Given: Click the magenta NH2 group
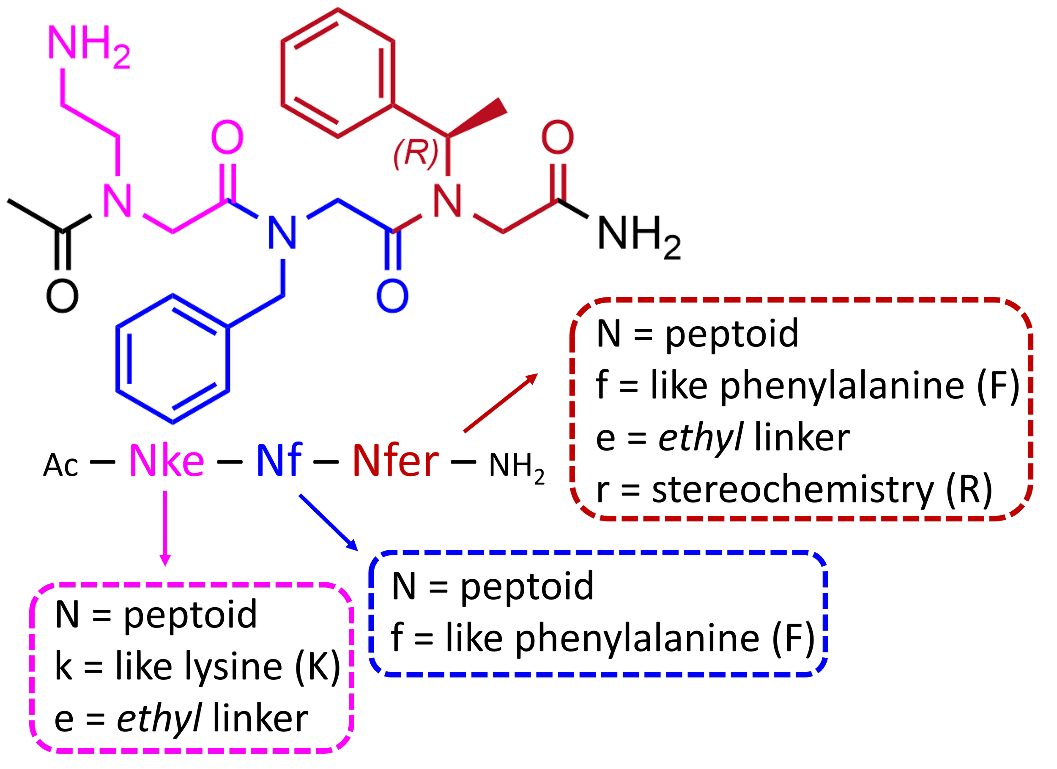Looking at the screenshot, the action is tap(88, 46).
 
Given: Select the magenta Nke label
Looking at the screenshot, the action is tap(167, 461).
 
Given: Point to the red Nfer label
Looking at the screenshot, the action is tap(395, 461).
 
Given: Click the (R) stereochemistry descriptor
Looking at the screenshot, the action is tap(416, 153).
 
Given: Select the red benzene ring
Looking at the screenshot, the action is tap(338, 73).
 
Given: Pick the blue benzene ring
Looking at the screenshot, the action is tap(173, 359).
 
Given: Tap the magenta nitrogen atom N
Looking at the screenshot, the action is tap(118, 201).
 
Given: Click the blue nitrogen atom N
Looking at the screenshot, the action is tap(282, 232).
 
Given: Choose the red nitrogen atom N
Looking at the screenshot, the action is tap(448, 201).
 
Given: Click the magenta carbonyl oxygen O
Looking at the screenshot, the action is tap(227, 137).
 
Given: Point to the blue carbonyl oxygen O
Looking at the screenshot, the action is tap(392, 295).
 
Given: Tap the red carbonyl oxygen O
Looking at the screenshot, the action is tap(557, 137).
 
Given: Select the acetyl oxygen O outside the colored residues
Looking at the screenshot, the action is tap(63, 295).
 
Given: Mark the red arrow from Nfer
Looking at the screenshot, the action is tap(501, 403).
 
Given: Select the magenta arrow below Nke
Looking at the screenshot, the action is tap(165, 529).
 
